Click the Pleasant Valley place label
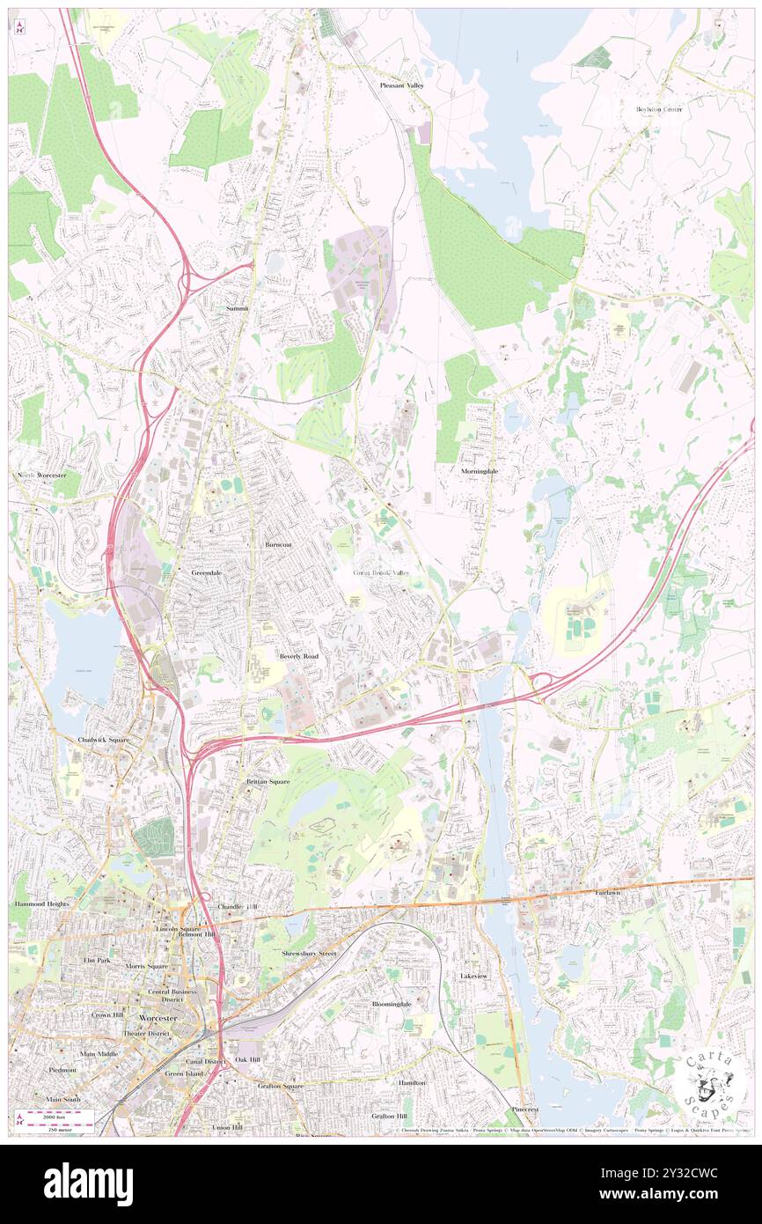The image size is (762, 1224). coord(401,85)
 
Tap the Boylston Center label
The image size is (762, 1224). coord(660,109)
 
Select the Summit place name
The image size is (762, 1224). coord(237,308)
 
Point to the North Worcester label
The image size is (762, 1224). coord(41,476)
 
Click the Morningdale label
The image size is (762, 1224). coord(480,471)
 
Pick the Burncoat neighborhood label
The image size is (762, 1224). coord(278,545)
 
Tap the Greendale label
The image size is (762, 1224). coord(207,572)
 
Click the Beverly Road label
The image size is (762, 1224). coord(299,657)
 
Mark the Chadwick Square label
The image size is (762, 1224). coord(103,740)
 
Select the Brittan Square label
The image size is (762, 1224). coord(267,781)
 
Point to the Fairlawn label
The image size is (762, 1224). coord(607,892)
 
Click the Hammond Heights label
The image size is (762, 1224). coord(40,904)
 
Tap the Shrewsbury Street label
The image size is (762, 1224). coord(309,954)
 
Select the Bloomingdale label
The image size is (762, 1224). coord(391,1004)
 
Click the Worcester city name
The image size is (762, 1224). coord(158,1018)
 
